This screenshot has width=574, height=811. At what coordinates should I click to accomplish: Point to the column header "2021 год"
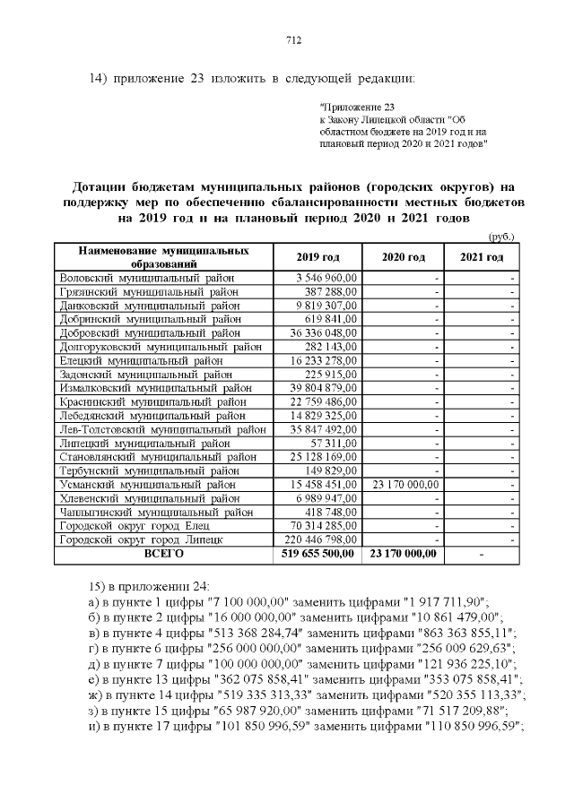tap(483, 257)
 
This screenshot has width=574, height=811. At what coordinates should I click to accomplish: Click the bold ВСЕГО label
tap(163, 555)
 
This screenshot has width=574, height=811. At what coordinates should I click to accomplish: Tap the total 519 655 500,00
tap(320, 555)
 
